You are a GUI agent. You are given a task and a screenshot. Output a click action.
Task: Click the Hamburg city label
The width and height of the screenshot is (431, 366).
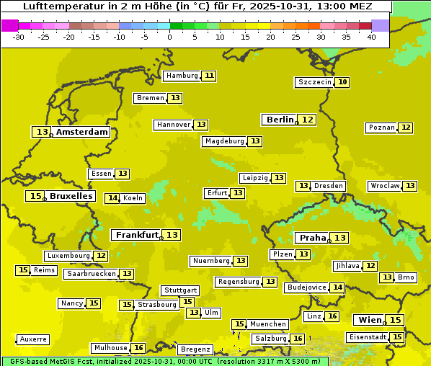click(x=182, y=76)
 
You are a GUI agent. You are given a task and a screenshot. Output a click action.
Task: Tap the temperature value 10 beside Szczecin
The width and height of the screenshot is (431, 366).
click(x=343, y=82)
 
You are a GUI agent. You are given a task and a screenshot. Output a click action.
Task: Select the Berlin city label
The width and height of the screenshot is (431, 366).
click(x=280, y=120)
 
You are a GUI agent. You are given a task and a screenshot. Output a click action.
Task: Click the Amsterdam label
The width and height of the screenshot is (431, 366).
click(x=82, y=132)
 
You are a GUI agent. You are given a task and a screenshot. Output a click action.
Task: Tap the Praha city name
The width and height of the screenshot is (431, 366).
click(x=313, y=238)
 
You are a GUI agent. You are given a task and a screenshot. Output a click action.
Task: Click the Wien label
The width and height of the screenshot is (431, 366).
click(x=370, y=320)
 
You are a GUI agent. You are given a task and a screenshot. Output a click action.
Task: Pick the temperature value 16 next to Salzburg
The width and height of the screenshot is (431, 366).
click(x=298, y=339)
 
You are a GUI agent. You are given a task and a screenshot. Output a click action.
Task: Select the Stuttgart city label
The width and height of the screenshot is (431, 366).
click(x=180, y=290)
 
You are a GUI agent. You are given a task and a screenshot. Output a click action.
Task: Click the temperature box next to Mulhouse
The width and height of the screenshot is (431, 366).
click(x=138, y=348)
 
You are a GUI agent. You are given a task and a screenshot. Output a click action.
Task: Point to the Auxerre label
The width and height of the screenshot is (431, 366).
click(x=33, y=339)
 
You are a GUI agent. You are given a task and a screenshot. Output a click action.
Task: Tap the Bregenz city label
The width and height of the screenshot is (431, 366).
click(x=195, y=349)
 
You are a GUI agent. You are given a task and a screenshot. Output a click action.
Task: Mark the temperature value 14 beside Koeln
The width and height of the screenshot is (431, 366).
click(x=112, y=198)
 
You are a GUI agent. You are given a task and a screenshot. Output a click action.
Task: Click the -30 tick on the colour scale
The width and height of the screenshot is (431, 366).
click(x=19, y=37)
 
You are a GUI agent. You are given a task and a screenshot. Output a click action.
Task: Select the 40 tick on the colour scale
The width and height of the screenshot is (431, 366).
click(x=371, y=37)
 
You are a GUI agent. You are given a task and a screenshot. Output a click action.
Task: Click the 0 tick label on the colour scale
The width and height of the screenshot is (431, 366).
click(x=170, y=37)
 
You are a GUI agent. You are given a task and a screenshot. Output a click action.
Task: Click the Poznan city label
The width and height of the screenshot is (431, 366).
click(x=381, y=128)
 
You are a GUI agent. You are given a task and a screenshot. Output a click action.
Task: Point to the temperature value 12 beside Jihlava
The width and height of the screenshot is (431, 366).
click(x=370, y=266)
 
